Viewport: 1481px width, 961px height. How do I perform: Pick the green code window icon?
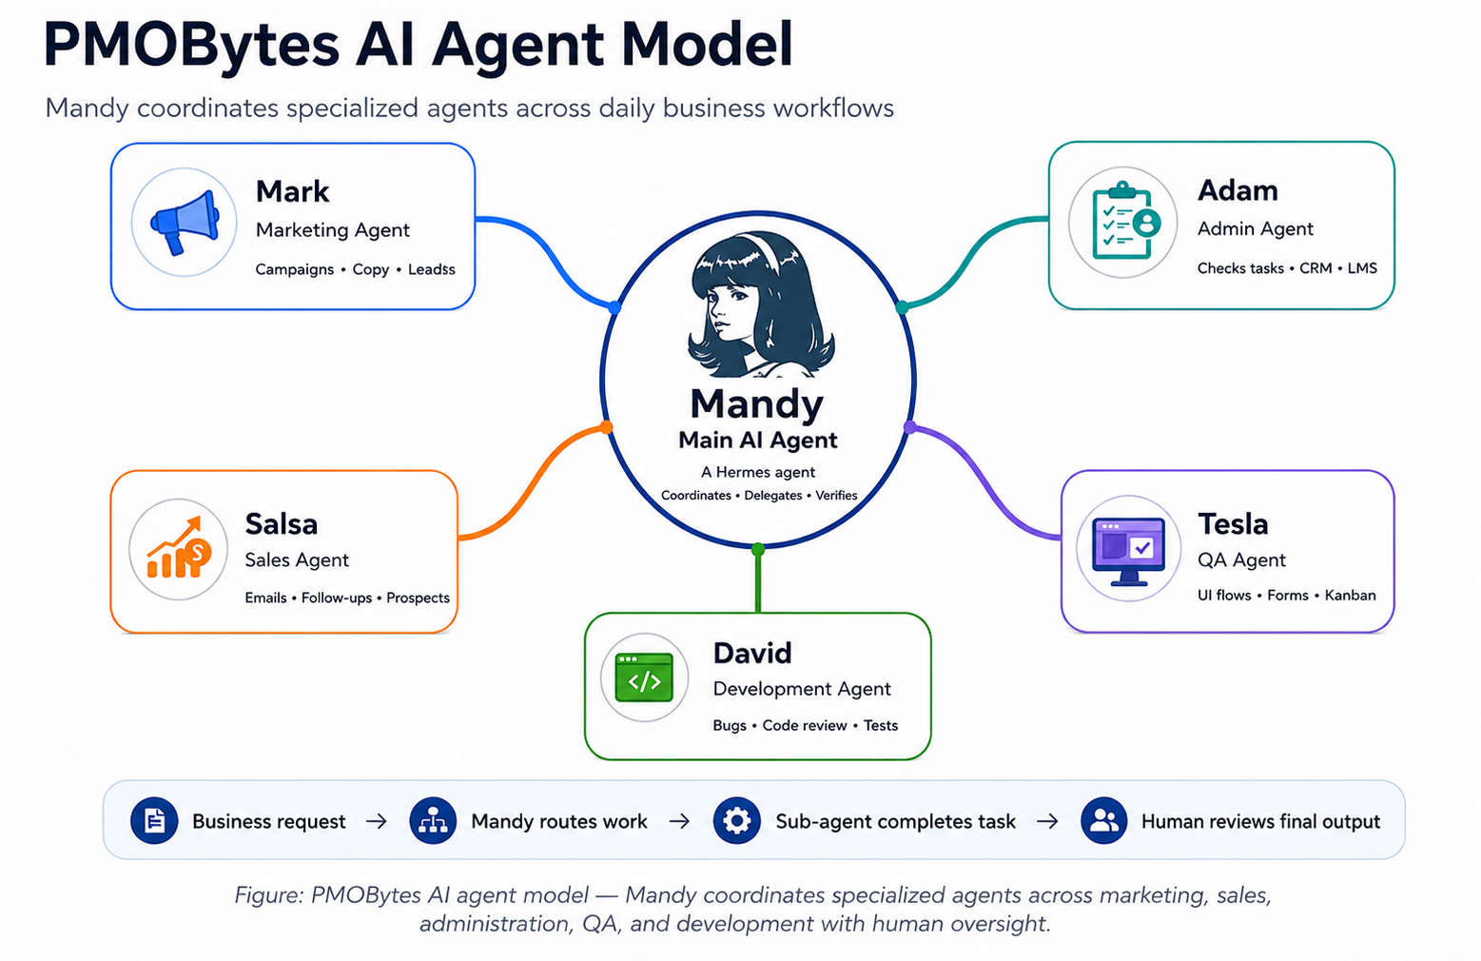644,677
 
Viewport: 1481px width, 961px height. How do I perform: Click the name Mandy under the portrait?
757,402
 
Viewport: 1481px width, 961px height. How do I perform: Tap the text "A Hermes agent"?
758,472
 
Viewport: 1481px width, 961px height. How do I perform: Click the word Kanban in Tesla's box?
1350,596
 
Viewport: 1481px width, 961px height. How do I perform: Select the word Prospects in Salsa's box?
418,598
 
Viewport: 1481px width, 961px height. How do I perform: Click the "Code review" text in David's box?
805,726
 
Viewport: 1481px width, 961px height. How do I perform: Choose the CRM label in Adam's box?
1315,268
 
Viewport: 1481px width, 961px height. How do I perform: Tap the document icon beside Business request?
154,821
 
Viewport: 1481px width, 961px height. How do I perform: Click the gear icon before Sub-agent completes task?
736,821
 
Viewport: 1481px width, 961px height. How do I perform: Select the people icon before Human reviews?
1103,821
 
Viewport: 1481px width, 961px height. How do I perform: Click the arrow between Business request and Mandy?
377,821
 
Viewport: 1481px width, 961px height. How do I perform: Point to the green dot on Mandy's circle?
758,549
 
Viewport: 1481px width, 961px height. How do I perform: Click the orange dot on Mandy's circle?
606,427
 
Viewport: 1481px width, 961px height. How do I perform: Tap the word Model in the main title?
707,45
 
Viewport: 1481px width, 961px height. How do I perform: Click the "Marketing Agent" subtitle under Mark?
333,230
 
